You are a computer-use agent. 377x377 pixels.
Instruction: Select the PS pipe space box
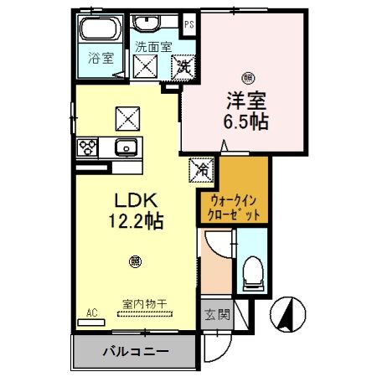coord(189,25)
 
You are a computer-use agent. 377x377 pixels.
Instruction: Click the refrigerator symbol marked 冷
coord(202,168)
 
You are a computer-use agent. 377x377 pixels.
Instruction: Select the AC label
coord(92,312)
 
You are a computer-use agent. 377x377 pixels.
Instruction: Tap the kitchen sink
coord(127,148)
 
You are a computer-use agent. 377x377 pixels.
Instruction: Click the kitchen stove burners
coord(89,148)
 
